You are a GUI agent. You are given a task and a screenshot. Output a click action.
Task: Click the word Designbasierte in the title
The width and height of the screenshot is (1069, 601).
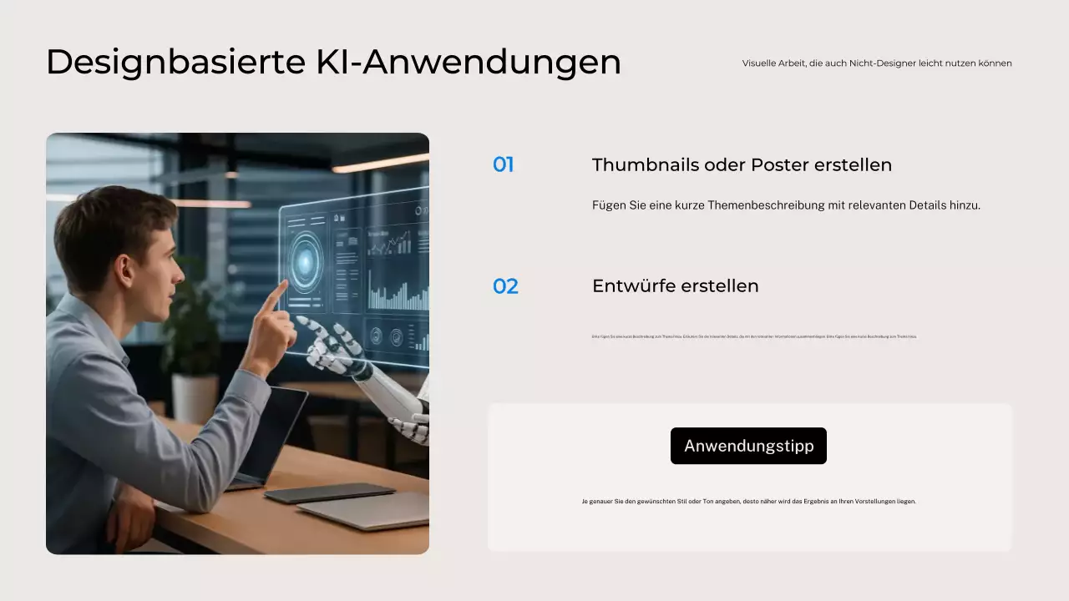[x=175, y=63]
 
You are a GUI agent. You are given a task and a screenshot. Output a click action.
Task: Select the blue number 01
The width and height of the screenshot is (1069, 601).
[x=503, y=165]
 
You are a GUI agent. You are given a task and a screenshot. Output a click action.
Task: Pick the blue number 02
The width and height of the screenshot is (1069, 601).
[x=505, y=286]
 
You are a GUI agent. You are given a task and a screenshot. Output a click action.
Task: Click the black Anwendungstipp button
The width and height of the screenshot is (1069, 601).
[x=748, y=446]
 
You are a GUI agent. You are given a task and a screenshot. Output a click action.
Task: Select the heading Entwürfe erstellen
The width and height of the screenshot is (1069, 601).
[x=675, y=286]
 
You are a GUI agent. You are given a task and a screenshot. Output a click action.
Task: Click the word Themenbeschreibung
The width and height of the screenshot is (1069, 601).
[x=770, y=205]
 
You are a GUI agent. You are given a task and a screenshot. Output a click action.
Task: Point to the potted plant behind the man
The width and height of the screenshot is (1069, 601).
[x=194, y=334]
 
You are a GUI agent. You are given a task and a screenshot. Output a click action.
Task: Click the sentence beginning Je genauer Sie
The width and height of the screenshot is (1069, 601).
[x=748, y=502]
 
